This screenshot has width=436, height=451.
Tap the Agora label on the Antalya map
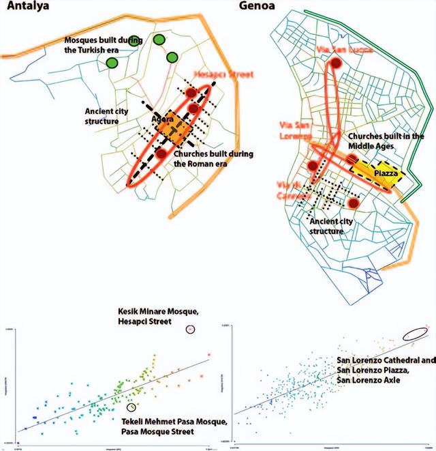pos(163,119)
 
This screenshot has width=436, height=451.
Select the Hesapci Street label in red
pos(223,74)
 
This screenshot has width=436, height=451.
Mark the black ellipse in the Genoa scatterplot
pos(416,334)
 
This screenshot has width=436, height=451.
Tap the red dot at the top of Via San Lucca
pos(335,64)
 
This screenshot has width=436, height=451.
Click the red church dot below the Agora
pos(161,154)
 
